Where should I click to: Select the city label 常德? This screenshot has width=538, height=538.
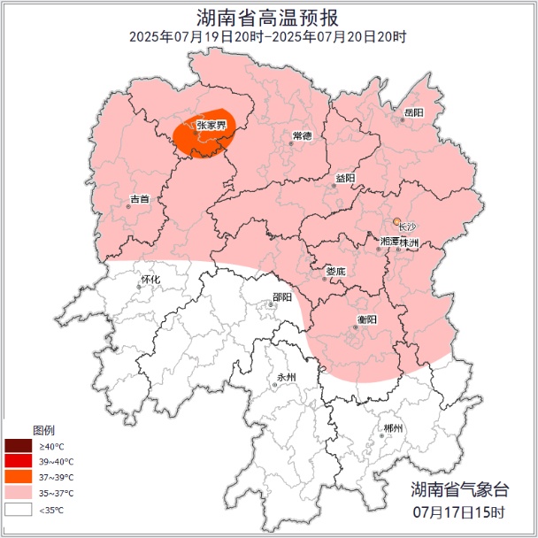[302, 135]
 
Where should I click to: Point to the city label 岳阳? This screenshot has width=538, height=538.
[414, 112]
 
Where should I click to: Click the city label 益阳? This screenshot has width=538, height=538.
[345, 178]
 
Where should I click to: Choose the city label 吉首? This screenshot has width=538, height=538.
[139, 199]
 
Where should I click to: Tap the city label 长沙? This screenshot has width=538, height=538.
[407, 227]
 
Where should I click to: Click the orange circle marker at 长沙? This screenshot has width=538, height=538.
[398, 222]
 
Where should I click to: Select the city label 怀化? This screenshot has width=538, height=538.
[150, 280]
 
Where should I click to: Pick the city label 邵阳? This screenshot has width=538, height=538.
[282, 297]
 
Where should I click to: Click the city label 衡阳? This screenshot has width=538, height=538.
[367, 319]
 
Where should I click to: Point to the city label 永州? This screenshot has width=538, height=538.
[286, 378]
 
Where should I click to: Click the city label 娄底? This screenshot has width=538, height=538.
[335, 271]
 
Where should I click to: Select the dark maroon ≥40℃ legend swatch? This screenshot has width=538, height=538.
[17, 446]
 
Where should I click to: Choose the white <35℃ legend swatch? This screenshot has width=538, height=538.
[17, 510]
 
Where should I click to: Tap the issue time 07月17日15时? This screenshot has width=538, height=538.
[458, 512]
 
